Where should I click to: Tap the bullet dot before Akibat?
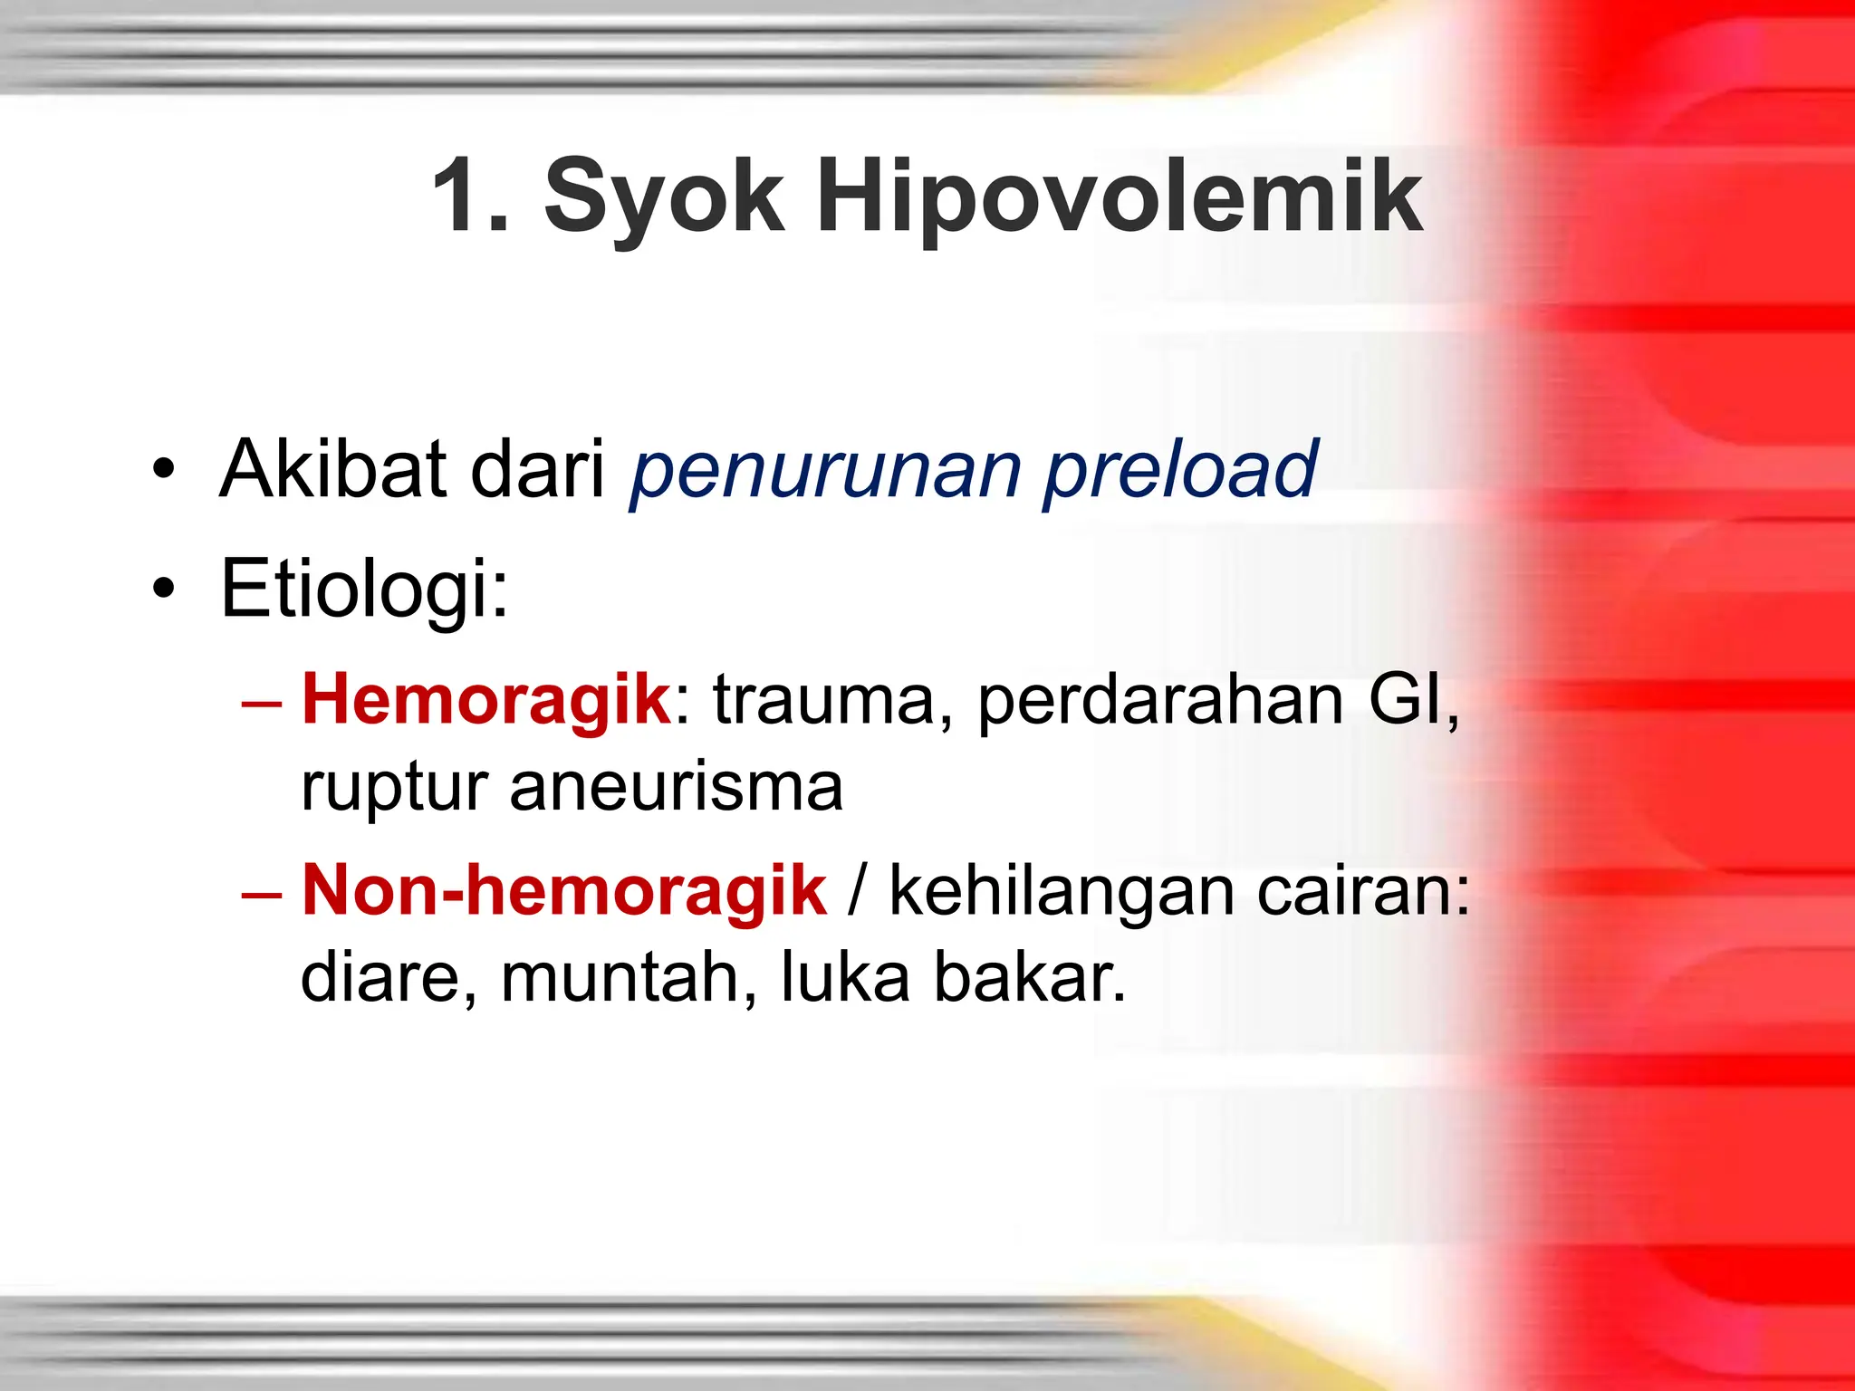click(x=163, y=469)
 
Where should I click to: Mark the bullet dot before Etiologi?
click(x=163, y=590)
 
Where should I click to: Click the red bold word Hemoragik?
click(x=486, y=701)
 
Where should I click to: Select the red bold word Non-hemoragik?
click(x=563, y=891)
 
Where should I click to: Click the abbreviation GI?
click(x=1409, y=699)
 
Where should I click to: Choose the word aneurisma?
click(x=676, y=786)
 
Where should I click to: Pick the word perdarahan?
click(x=1159, y=701)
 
